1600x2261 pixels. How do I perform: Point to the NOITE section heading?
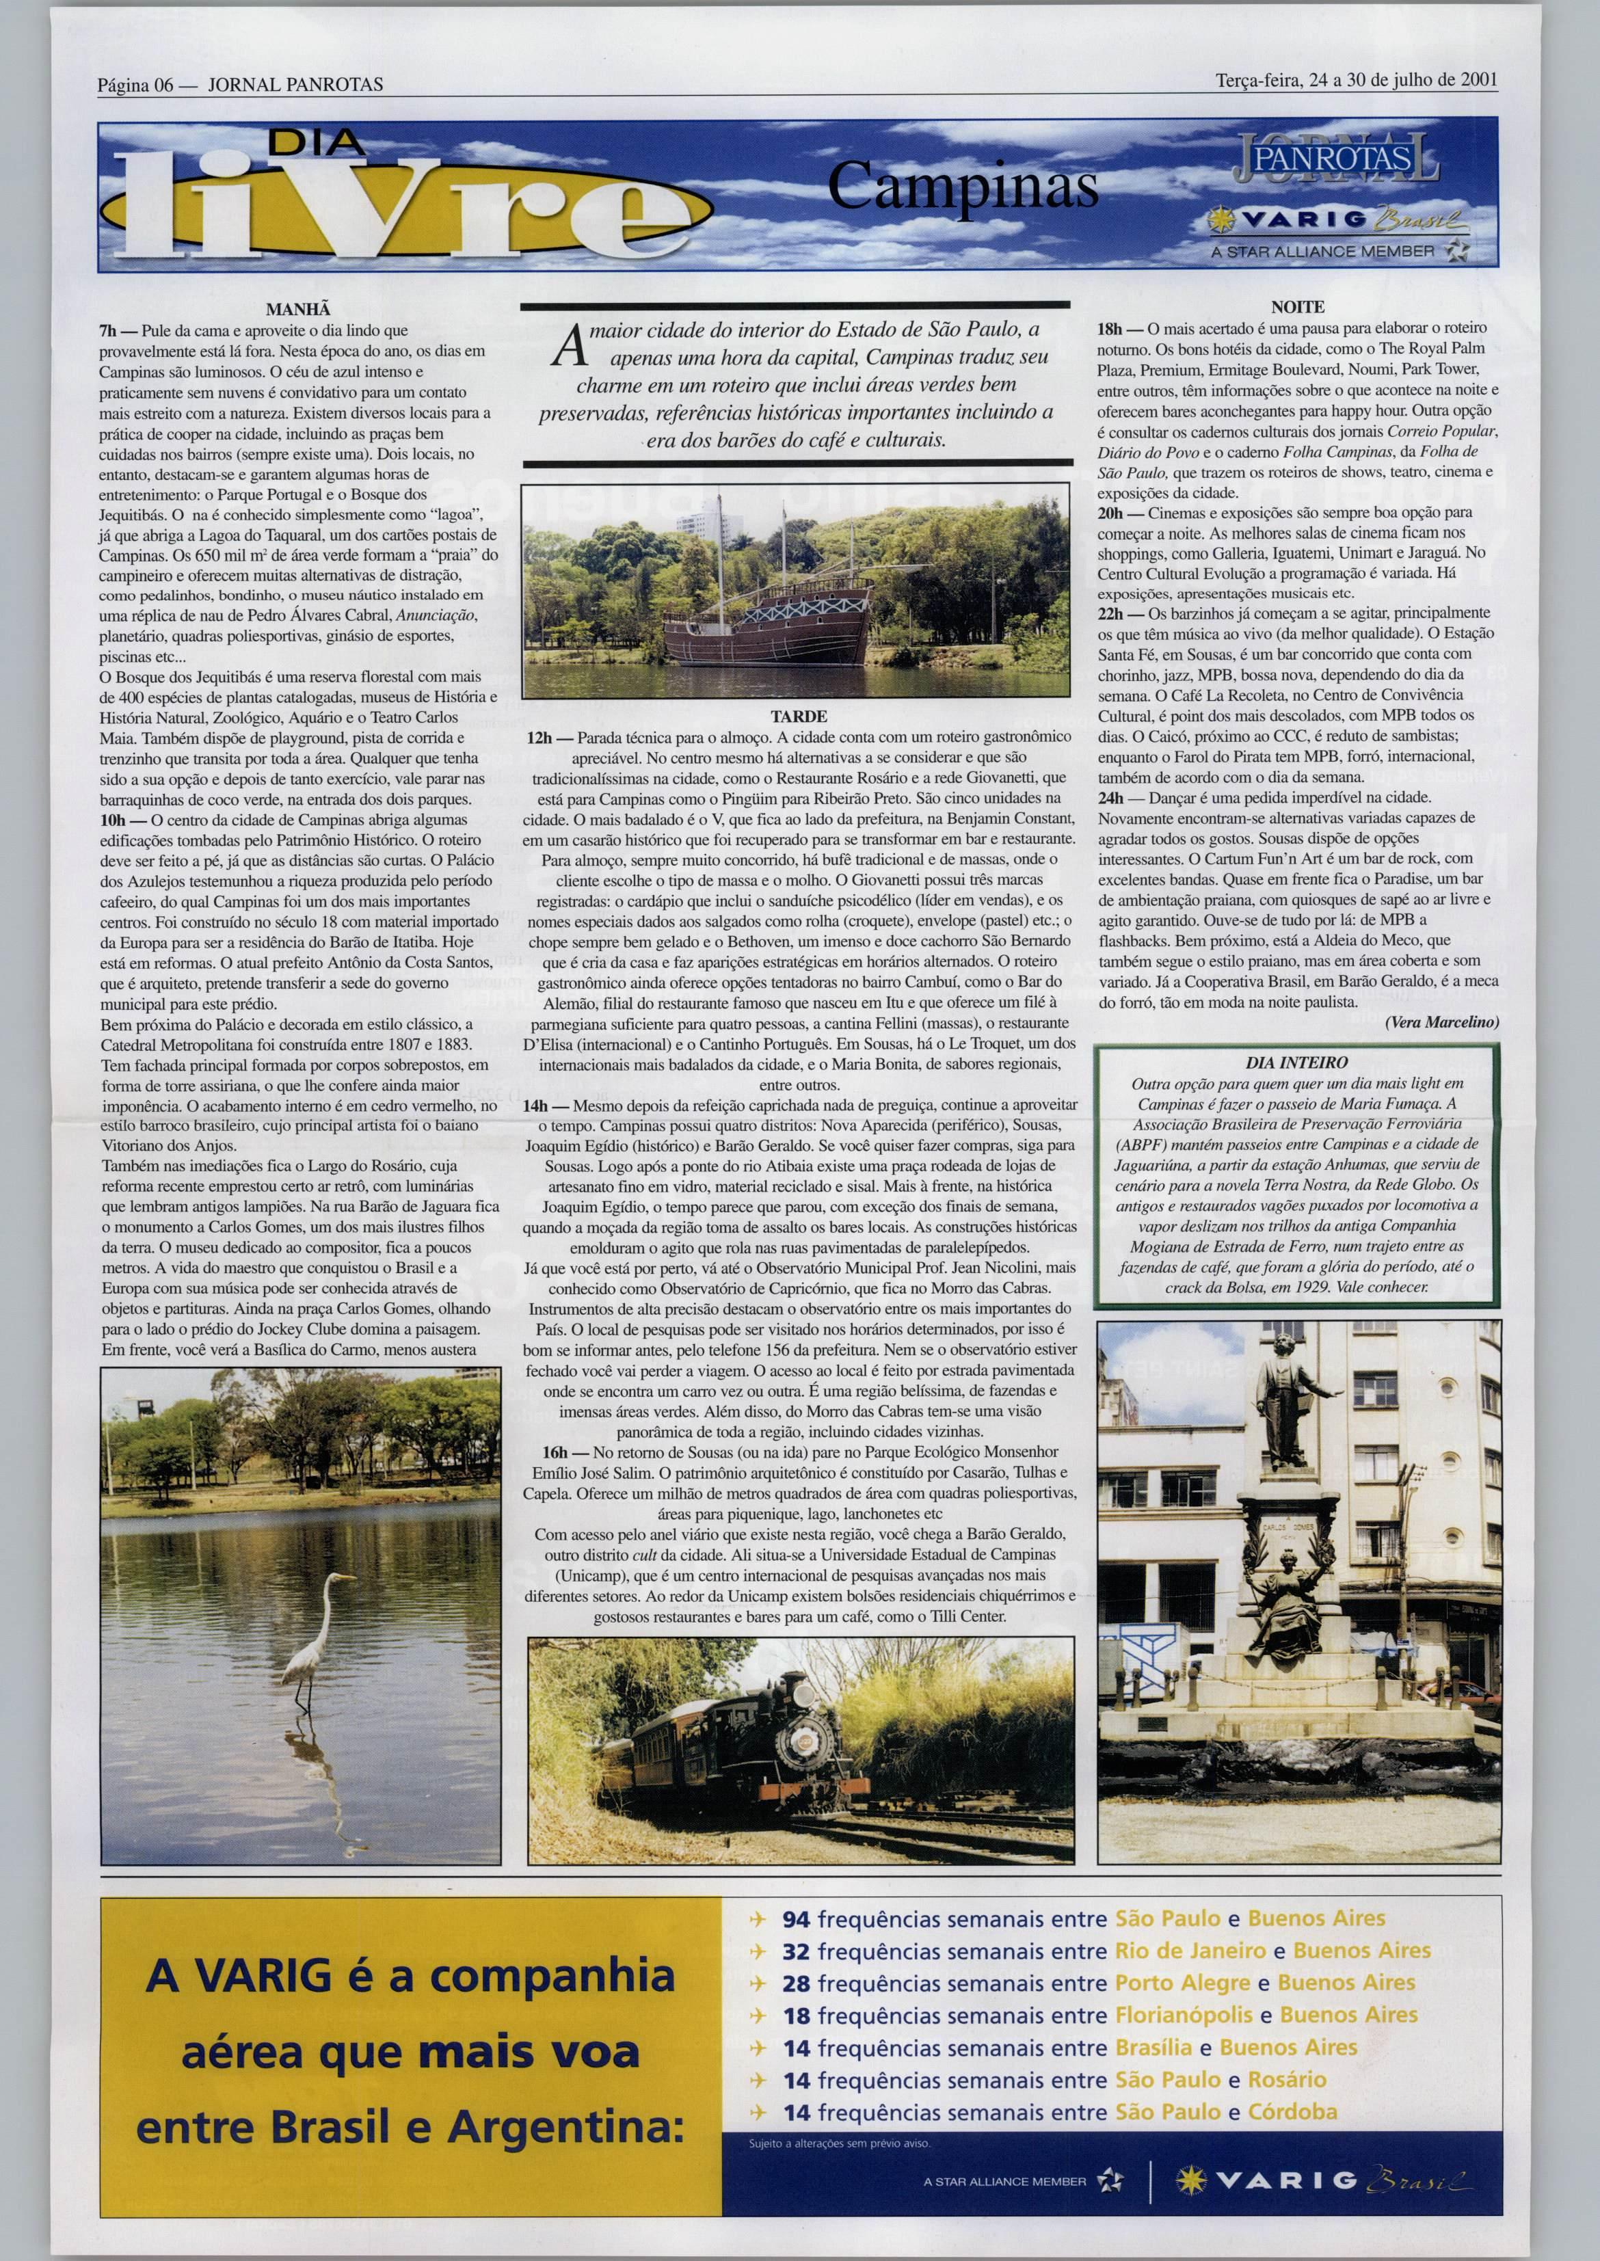coord(1298,308)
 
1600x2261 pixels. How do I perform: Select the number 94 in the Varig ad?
coord(796,1918)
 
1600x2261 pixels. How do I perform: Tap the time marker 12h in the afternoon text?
coord(538,737)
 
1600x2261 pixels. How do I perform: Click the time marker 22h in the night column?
coord(1110,613)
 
